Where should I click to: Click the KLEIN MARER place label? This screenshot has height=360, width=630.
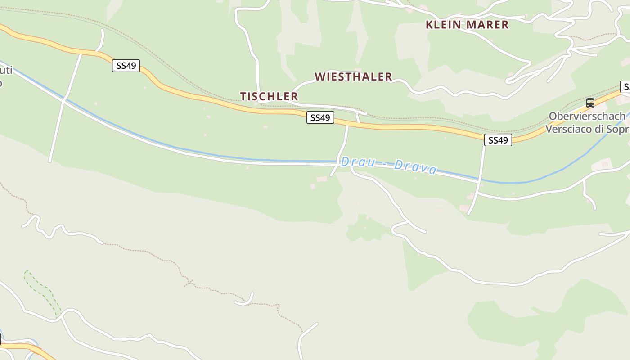tap(467, 25)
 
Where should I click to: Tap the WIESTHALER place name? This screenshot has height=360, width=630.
tap(353, 77)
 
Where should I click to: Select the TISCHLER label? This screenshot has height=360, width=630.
tap(269, 96)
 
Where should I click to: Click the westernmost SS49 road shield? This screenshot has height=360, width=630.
tap(126, 66)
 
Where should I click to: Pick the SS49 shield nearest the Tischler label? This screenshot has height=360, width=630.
tap(320, 118)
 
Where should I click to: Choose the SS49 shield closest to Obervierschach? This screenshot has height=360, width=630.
tap(498, 140)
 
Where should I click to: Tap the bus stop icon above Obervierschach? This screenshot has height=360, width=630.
tap(590, 103)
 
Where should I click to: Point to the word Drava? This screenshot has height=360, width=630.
tap(415, 167)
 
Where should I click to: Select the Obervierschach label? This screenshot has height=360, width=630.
tap(587, 116)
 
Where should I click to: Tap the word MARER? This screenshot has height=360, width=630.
tap(488, 25)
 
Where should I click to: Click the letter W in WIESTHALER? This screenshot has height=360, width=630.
tap(320, 77)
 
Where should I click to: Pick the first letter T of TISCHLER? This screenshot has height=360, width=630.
tap(243, 96)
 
